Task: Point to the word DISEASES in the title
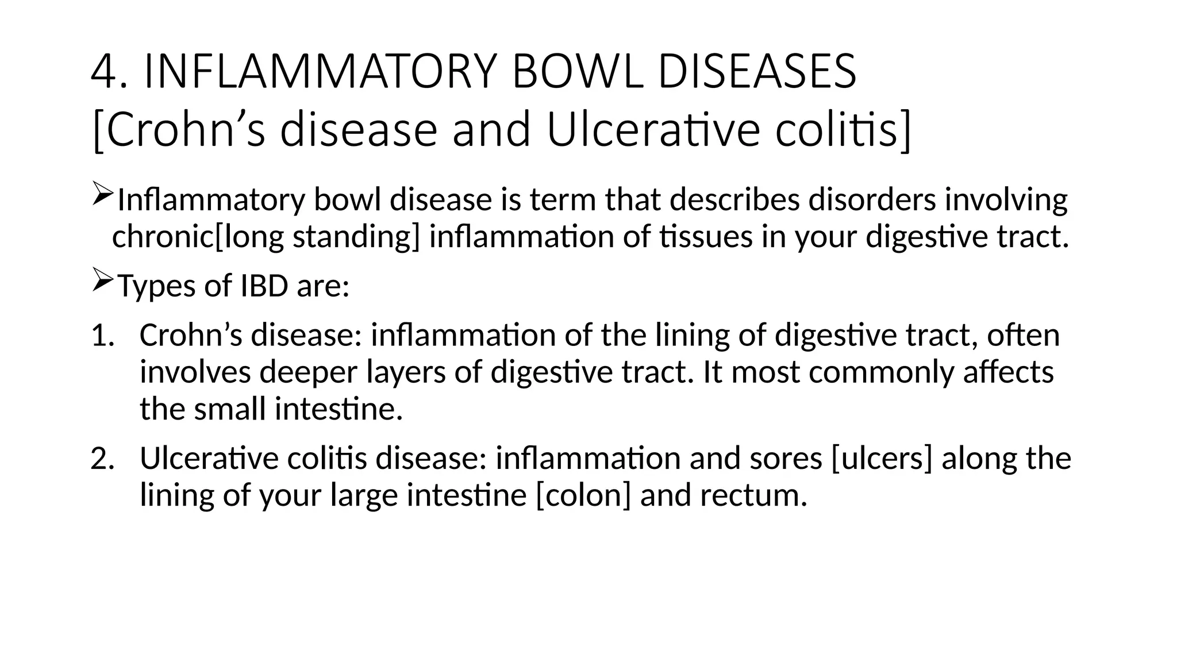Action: (x=756, y=72)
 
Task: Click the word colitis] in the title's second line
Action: (x=843, y=131)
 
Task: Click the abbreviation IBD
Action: (x=264, y=286)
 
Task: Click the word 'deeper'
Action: (x=309, y=372)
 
